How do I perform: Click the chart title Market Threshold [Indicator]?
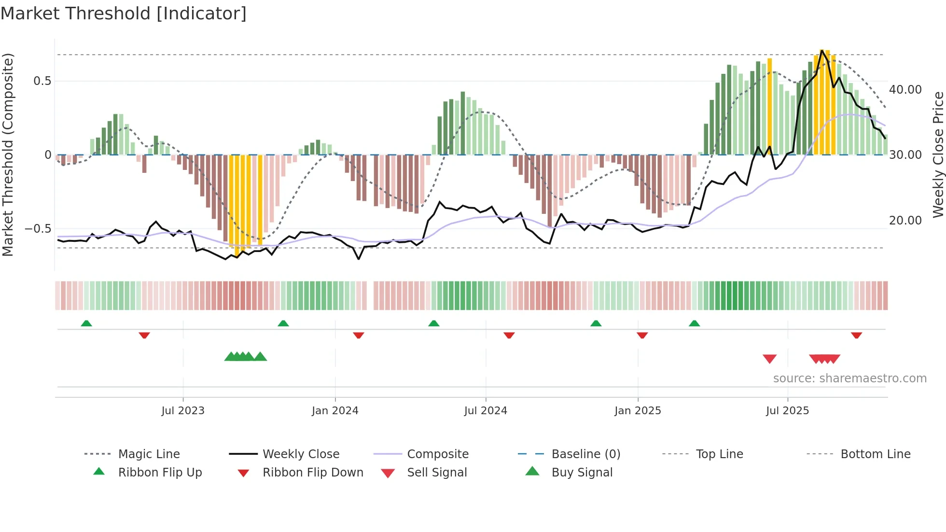124,14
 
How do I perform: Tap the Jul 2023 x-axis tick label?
183,411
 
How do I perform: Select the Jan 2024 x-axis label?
335,411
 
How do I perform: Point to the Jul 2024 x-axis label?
486,411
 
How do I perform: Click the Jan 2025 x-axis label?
638,411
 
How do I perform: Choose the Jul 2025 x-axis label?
787,411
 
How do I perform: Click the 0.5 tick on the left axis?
42,81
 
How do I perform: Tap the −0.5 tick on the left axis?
38,229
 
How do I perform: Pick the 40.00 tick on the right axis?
905,90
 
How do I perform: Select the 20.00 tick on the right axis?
905,221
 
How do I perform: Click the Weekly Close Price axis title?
938,154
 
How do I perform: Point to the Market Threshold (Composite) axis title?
8,154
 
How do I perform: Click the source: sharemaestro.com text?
849,378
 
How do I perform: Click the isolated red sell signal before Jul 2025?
769,359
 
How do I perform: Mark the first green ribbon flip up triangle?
86,323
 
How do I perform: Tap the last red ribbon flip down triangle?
856,335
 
